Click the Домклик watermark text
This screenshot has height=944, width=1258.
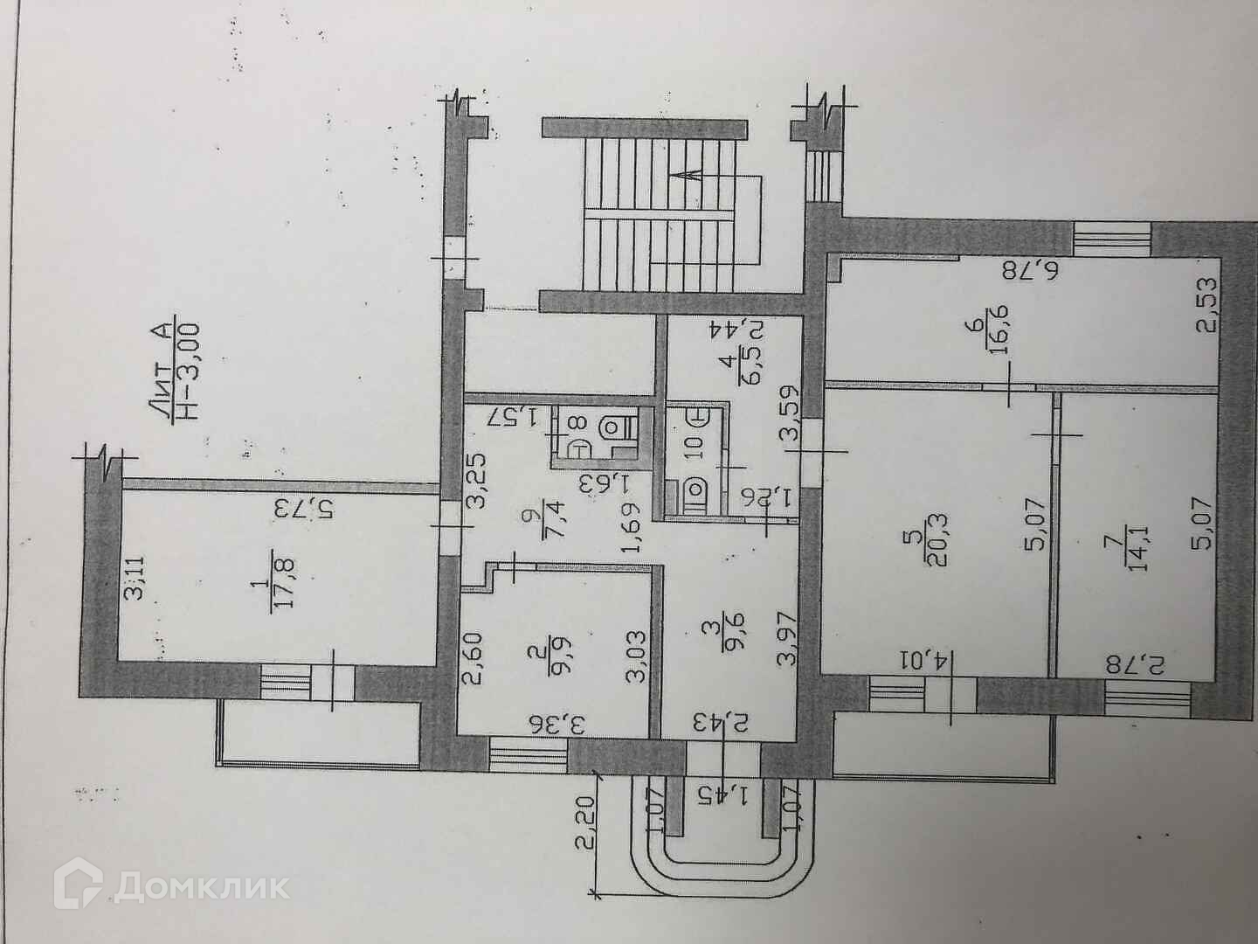coord(201,888)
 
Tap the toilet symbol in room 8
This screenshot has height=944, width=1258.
coord(612,428)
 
